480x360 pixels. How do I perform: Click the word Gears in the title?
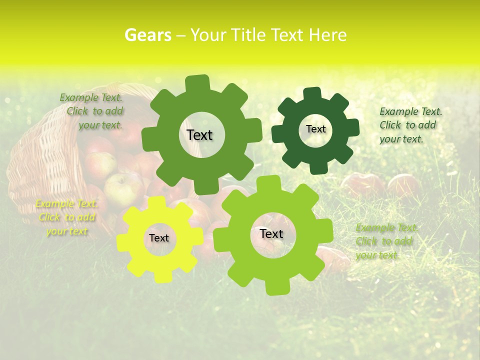click(147, 35)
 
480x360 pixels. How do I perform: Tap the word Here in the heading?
click(327, 35)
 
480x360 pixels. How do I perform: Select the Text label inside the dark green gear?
click(315, 129)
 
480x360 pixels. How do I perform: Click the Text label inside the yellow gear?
click(159, 238)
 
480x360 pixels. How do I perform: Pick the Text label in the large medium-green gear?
click(199, 135)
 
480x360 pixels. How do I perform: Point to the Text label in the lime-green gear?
click(271, 233)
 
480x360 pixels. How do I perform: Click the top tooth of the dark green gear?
click(312, 93)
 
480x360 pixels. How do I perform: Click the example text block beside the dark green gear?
click(410, 125)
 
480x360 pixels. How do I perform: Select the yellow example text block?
click(66, 217)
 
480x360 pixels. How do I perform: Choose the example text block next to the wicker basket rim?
click(92, 111)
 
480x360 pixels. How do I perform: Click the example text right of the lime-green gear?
click(385, 241)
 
